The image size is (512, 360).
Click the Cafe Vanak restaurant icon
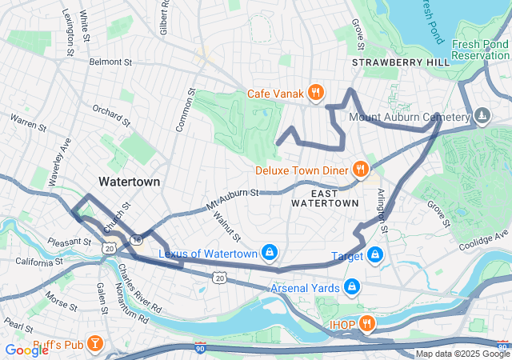tap(316, 93)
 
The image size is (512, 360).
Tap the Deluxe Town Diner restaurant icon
tap(361, 170)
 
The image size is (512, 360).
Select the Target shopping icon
tap(374, 256)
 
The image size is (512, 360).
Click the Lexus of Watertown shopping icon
tap(270, 254)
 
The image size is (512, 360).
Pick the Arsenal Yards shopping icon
tap(351, 286)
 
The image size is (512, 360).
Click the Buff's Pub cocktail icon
tap(94, 343)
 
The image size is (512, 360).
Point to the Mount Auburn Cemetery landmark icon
tap(481, 117)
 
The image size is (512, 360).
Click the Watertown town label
tap(129, 182)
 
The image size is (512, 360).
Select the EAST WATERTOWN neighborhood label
tap(325, 198)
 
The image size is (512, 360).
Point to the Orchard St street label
tap(110, 116)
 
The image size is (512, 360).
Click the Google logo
tap(26, 350)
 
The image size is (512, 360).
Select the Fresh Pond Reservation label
tap(480, 50)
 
